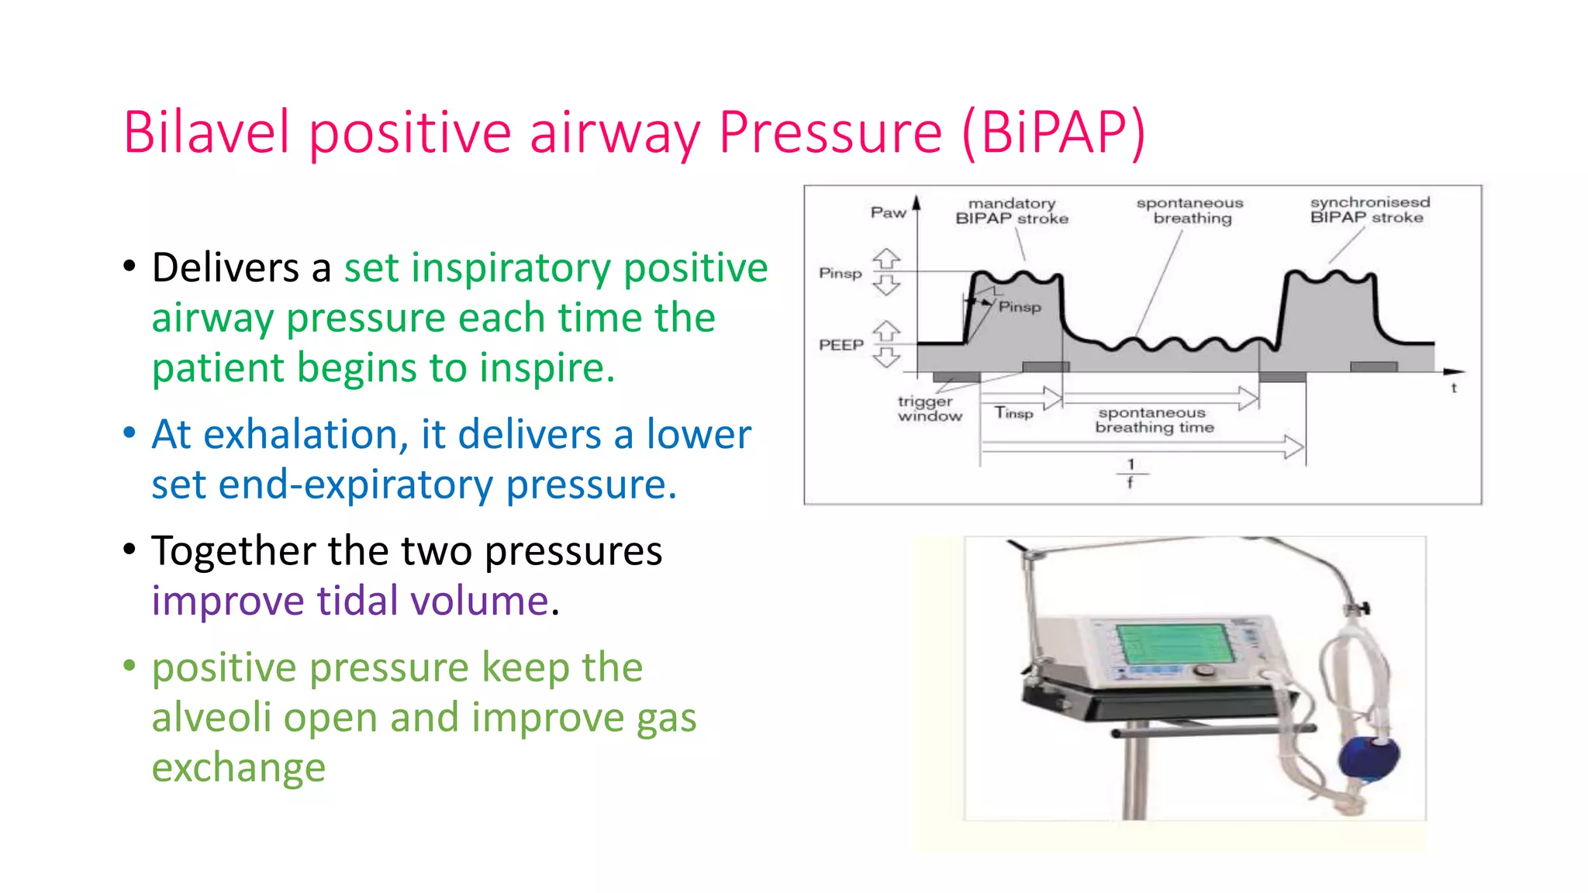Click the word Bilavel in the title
point(206,133)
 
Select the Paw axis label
point(888,212)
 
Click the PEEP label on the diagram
point(841,345)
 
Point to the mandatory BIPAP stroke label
point(1012,211)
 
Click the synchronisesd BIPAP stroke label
point(1369,210)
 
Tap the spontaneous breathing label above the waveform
point(1191,211)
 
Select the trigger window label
point(929,409)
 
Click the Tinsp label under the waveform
point(1013,412)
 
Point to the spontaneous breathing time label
point(1154,420)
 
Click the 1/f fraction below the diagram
point(1131,473)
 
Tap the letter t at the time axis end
point(1454,388)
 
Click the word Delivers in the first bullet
point(226,268)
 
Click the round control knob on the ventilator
point(1203,671)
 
